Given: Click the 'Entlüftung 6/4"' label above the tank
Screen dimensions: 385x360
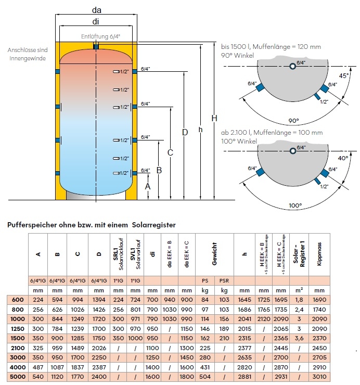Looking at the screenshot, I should tap(100, 36).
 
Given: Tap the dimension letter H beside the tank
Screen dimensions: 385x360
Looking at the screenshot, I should tap(214, 119).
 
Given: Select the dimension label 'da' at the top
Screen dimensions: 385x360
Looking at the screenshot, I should tap(96, 9).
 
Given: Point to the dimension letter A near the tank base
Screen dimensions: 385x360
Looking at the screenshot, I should tap(148, 185).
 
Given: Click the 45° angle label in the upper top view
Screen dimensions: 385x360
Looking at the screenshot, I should tap(343, 75).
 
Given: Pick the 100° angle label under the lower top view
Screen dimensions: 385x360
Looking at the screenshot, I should tap(295, 206).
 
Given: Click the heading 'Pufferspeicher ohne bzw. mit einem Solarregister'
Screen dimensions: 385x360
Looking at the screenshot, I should tap(91, 225).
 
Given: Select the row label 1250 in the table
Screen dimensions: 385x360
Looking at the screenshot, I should tap(17, 329).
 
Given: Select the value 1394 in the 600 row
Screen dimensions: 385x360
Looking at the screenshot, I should tap(97, 300).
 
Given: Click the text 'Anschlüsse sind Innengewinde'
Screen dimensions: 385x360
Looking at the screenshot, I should tap(28, 54).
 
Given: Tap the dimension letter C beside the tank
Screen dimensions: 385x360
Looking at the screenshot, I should tap(170, 152).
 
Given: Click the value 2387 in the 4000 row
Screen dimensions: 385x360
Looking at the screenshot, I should tap(97, 367).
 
